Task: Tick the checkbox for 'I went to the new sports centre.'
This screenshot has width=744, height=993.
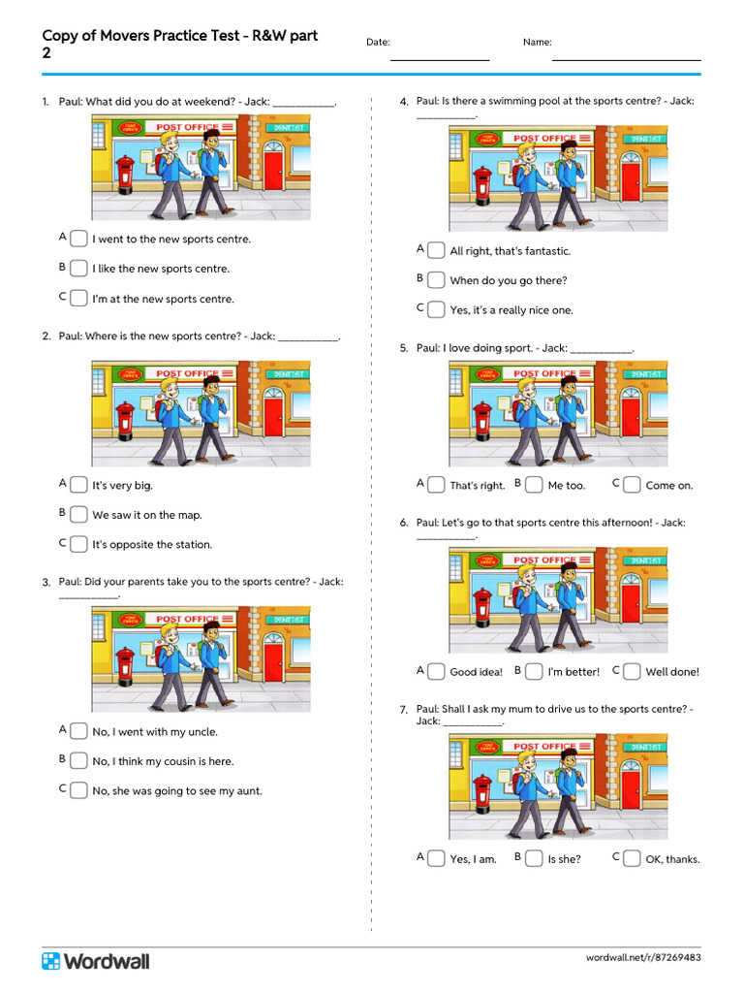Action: tap(78, 239)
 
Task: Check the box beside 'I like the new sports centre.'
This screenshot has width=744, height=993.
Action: tap(78, 269)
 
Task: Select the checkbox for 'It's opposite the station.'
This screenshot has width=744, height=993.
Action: tap(78, 544)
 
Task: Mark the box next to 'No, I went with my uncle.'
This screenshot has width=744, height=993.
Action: tap(78, 731)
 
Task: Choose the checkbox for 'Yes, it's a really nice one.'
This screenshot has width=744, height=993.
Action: tap(436, 309)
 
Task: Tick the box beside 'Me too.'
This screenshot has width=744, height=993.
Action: tap(534, 485)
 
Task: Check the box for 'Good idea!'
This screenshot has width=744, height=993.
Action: tap(436, 671)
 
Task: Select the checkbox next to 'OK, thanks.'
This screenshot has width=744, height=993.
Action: tap(632, 858)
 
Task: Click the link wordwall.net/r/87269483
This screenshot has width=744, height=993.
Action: tap(643, 958)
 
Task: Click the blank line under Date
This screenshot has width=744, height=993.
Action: tap(439, 59)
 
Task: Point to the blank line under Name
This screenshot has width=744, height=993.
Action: tap(626, 59)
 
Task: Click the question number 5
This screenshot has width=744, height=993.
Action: tap(404, 348)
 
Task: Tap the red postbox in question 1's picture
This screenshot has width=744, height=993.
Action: tap(124, 176)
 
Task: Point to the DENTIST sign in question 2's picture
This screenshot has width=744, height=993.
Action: tap(288, 373)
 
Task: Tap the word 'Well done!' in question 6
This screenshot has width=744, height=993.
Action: tap(672, 672)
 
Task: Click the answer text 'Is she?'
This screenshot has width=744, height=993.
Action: tap(564, 859)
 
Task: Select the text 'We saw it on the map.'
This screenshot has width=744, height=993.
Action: tap(147, 515)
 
